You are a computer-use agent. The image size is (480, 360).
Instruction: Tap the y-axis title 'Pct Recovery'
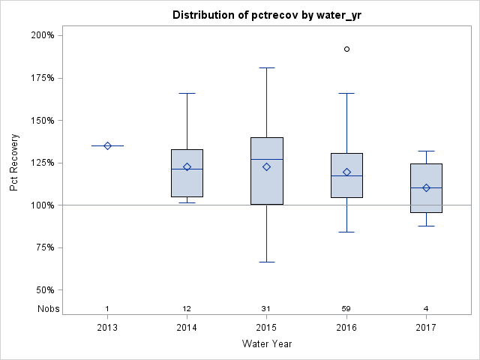[14, 163]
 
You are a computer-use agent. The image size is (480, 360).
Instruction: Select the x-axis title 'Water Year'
[266, 344]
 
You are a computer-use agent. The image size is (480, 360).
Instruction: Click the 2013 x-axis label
[107, 327]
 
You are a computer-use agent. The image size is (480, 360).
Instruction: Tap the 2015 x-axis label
[266, 327]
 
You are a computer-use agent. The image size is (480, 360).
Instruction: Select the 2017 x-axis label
[425, 327]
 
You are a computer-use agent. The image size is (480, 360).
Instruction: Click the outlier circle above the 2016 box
[346, 49]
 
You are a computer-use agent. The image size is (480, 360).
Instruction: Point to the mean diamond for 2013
[107, 145]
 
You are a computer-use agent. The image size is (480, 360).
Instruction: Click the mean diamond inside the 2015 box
[266, 166]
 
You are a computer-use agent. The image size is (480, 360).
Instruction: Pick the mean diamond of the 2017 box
[426, 187]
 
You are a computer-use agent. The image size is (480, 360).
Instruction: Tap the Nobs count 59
[346, 308]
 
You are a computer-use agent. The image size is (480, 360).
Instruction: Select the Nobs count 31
[266, 308]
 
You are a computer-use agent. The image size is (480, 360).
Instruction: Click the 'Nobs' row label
[46, 308]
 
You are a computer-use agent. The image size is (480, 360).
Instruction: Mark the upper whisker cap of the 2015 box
[266, 67]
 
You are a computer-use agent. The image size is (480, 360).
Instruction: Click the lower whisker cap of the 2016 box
[346, 232]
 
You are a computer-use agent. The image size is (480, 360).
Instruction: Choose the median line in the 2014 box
[187, 169]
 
